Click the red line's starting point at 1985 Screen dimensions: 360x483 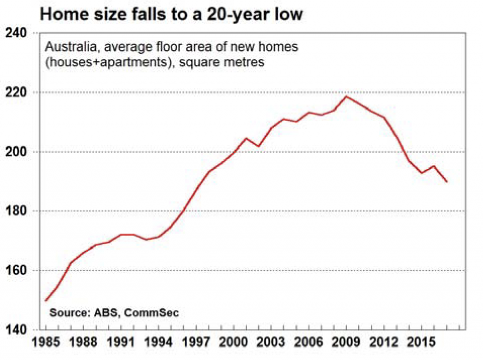46,301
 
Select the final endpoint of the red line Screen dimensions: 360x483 447,182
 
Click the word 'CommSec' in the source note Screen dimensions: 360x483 154,313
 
